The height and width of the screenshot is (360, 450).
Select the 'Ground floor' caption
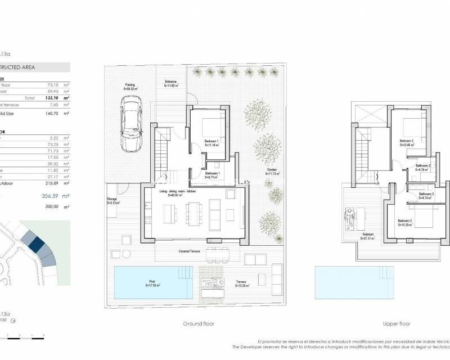tap(199, 324)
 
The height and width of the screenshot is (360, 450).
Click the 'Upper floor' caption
tap(397, 324)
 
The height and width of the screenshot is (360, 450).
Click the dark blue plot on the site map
tap(36, 244)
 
